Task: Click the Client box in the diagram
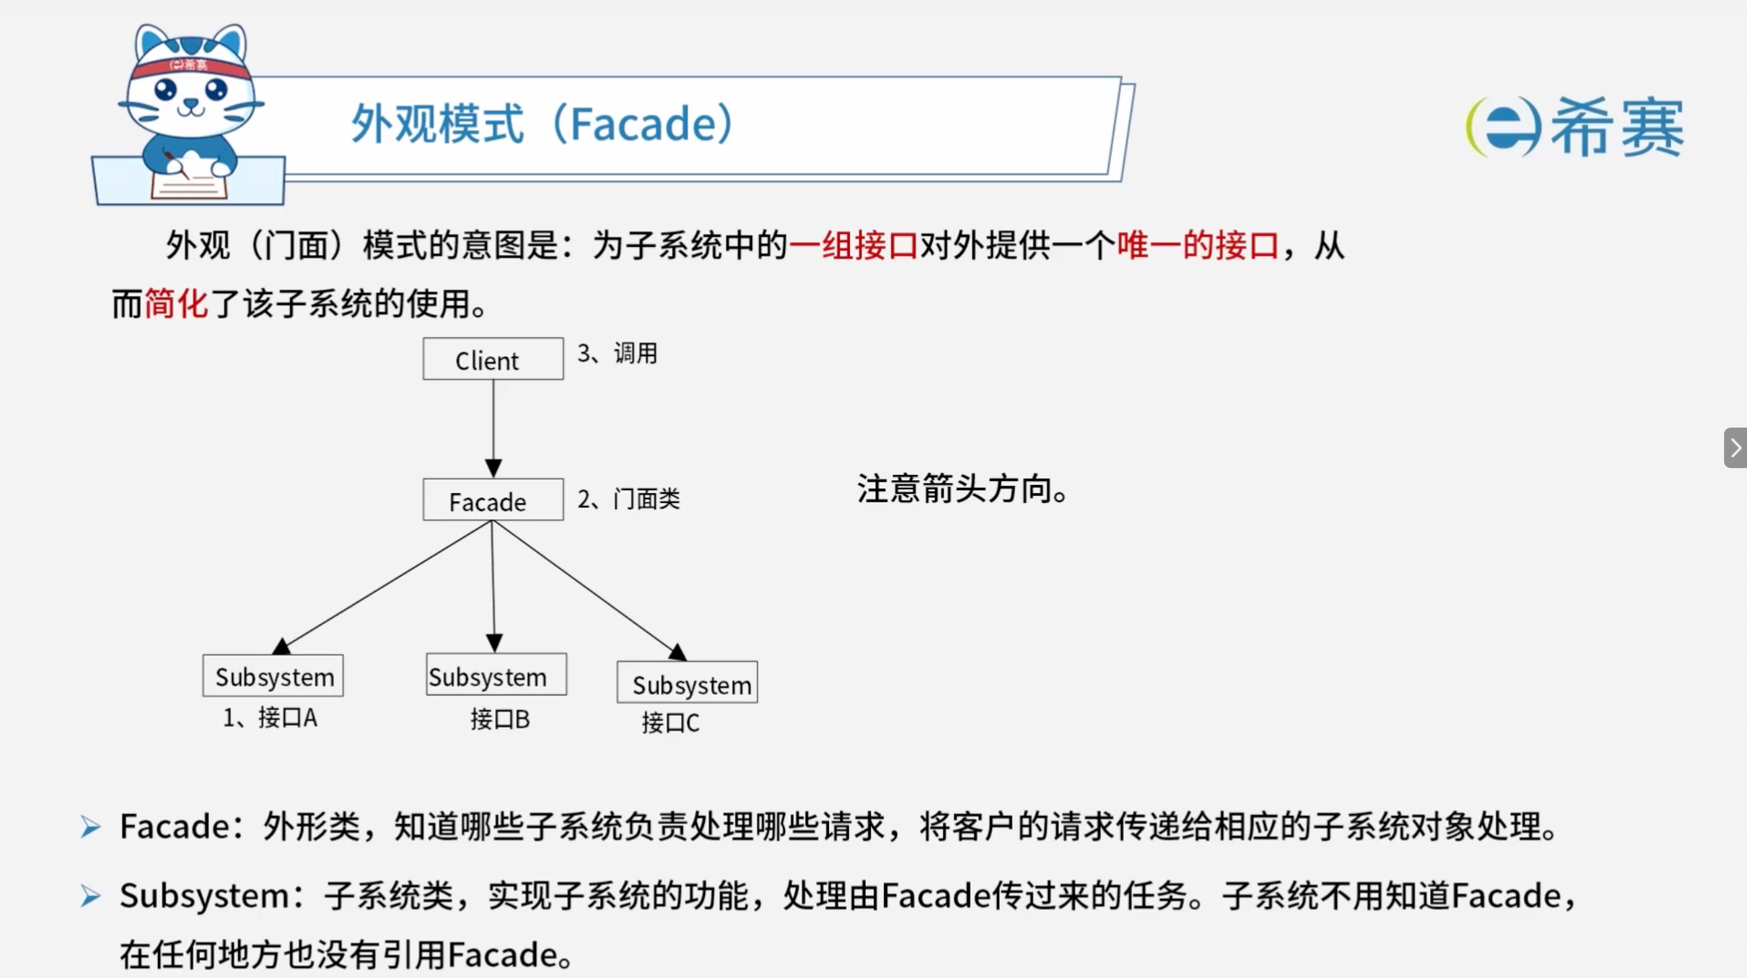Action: point(493,359)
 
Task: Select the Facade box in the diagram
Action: point(493,500)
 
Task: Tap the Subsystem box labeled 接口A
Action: point(273,676)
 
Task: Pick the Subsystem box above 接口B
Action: point(496,674)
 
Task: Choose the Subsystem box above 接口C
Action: point(687,683)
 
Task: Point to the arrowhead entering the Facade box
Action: point(493,469)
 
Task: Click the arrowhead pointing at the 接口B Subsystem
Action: point(494,643)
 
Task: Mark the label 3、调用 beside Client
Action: point(617,353)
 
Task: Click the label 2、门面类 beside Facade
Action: point(629,499)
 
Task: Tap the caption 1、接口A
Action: point(270,718)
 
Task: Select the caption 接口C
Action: point(670,722)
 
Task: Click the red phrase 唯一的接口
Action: point(1198,245)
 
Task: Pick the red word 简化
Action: point(176,302)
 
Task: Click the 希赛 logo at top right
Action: point(1575,127)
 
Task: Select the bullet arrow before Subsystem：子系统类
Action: point(91,896)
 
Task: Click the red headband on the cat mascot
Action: point(188,66)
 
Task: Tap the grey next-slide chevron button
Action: point(1736,448)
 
